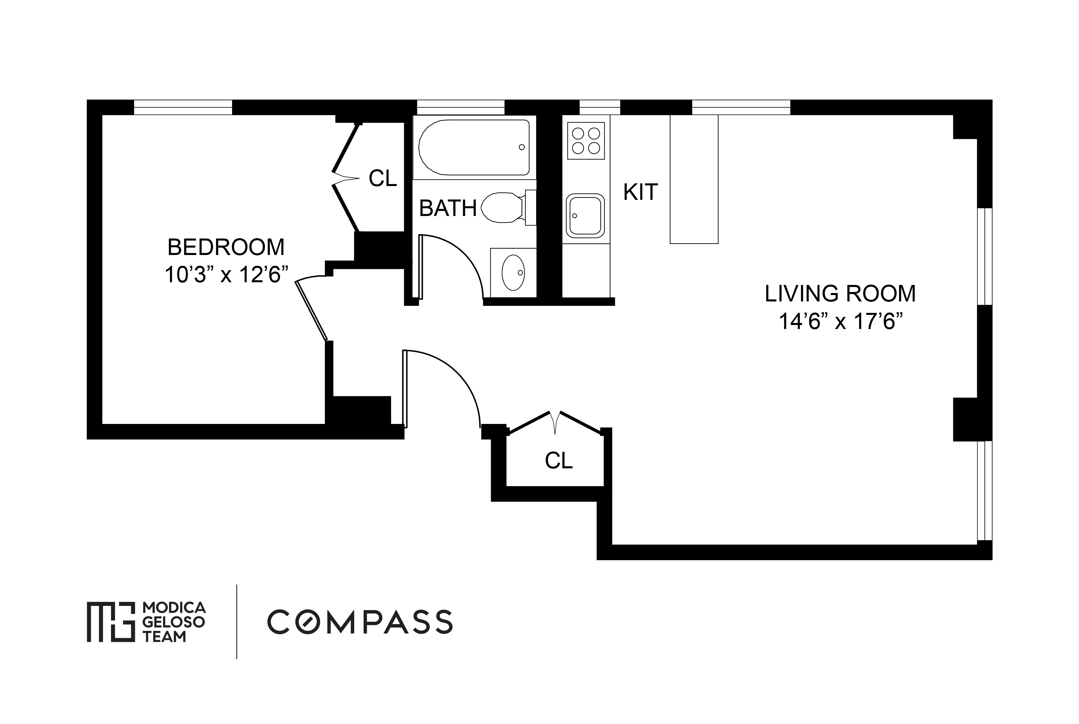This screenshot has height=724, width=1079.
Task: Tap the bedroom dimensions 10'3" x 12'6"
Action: coord(226,275)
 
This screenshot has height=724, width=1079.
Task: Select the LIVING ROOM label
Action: coord(840,294)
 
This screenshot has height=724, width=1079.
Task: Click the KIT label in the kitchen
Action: coord(640,192)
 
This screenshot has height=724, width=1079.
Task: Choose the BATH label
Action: coord(448,208)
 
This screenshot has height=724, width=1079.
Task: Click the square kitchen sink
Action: coord(585,216)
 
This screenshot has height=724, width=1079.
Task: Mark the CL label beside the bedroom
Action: coord(382,178)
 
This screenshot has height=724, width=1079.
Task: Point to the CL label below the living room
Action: coord(559,460)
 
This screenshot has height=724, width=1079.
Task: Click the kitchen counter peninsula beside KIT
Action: coord(694,179)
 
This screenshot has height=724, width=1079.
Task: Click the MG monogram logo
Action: coord(111,621)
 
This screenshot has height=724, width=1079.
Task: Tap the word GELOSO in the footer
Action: coord(174,622)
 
